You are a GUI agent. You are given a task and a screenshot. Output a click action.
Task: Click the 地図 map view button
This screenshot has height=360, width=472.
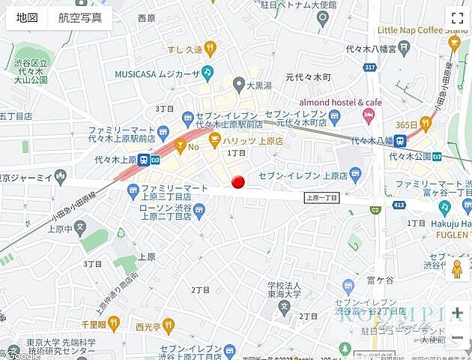tap(27, 18)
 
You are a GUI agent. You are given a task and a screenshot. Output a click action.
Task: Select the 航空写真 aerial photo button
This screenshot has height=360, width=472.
tap(80, 18)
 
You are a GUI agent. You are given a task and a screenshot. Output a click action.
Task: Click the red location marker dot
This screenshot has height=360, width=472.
tap(238, 182)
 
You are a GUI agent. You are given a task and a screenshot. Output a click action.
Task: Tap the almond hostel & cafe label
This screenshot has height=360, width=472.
tap(340, 102)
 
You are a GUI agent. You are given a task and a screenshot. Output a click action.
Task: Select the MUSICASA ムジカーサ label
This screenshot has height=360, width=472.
tap(157, 73)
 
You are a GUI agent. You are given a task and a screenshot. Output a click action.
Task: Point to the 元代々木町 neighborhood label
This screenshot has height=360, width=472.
tap(308, 77)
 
